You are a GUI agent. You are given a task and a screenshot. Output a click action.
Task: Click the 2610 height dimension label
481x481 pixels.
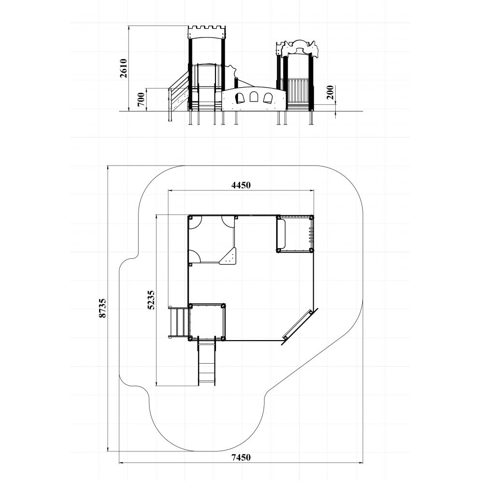(x=124, y=68)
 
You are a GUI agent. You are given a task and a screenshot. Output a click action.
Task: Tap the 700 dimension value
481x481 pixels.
(x=141, y=99)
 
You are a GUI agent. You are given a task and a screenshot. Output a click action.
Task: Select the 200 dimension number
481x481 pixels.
(x=330, y=92)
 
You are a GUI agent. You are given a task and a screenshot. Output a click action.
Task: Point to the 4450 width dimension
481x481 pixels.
(x=241, y=185)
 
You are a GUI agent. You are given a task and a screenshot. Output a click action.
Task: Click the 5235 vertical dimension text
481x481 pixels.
(x=151, y=300)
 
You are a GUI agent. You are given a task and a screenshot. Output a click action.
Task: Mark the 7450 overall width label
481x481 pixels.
(x=241, y=457)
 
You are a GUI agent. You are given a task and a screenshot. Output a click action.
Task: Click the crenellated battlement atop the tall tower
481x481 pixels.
(x=206, y=32)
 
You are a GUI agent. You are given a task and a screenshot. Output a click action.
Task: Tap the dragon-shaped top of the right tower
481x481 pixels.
(x=298, y=49)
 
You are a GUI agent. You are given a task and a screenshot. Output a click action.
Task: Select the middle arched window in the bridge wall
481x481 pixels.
(x=253, y=97)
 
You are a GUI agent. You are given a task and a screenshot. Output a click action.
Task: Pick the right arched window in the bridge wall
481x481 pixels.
(x=268, y=98)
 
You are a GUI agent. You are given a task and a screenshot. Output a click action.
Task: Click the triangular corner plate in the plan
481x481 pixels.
(x=228, y=256)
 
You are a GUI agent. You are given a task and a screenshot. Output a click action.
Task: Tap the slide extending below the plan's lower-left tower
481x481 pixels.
(x=207, y=361)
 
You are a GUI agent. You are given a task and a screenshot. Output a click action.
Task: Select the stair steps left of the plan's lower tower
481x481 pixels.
(x=178, y=322)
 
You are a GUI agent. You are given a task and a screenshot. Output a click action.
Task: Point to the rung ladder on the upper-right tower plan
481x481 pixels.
(x=311, y=235)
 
